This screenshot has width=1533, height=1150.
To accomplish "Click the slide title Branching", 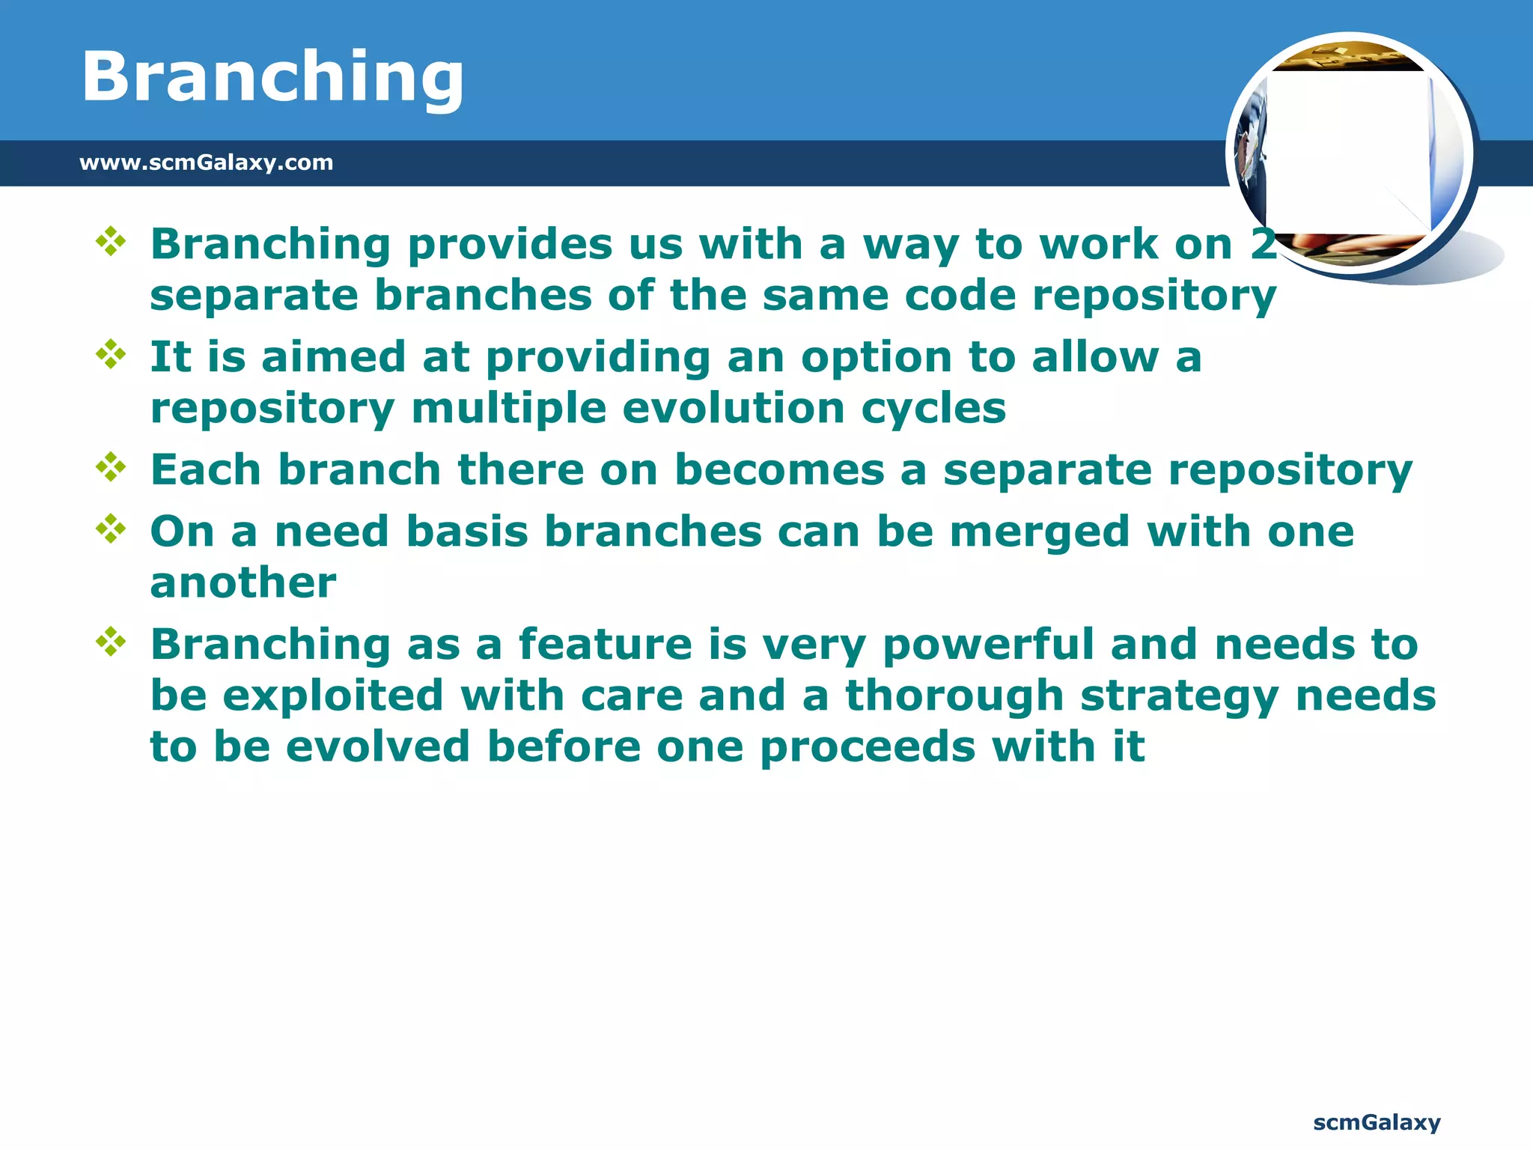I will point(272,76).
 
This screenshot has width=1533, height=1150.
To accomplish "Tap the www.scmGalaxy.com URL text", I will point(206,162).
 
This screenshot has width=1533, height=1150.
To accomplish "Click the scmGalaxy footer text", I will point(1377,1122).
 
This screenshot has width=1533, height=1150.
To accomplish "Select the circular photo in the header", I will point(1350,155).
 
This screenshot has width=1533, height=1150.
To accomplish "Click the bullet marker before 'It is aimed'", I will point(111,354).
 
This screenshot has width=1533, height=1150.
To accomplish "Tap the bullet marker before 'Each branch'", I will point(111,467).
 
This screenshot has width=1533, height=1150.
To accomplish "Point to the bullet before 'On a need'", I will point(111,529).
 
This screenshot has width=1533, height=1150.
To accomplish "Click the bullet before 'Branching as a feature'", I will point(111,642).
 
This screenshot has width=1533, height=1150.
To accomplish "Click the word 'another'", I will point(243,582).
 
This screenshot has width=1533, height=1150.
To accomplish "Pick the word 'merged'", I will point(1040,533).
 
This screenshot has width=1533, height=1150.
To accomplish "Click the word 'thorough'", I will point(954,696).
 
